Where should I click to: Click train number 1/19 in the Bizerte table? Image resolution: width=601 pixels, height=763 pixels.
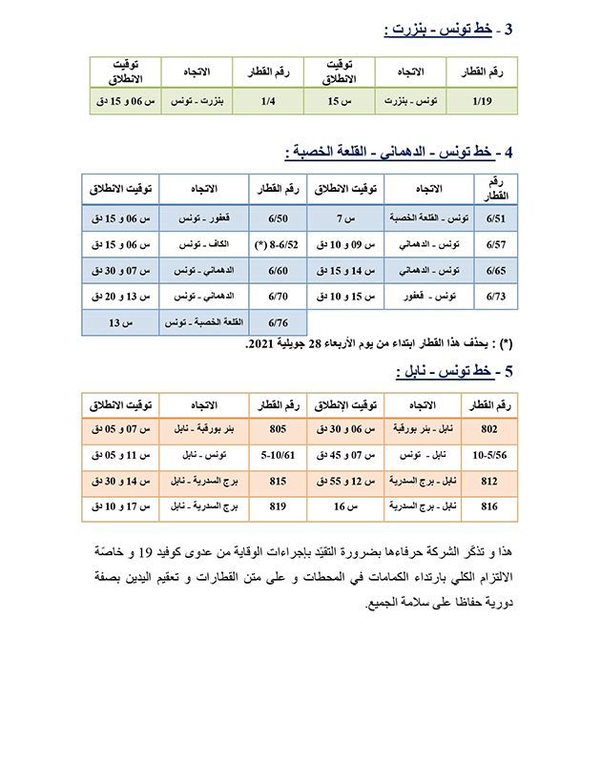click(486, 100)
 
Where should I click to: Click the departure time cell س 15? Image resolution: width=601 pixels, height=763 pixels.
click(340, 100)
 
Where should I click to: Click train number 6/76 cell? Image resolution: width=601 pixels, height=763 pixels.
click(279, 324)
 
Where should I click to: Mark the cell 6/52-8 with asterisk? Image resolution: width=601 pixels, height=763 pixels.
click(279, 245)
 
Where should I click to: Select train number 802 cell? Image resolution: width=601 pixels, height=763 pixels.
click(488, 430)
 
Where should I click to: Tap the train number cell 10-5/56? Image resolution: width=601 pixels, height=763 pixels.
click(488, 456)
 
